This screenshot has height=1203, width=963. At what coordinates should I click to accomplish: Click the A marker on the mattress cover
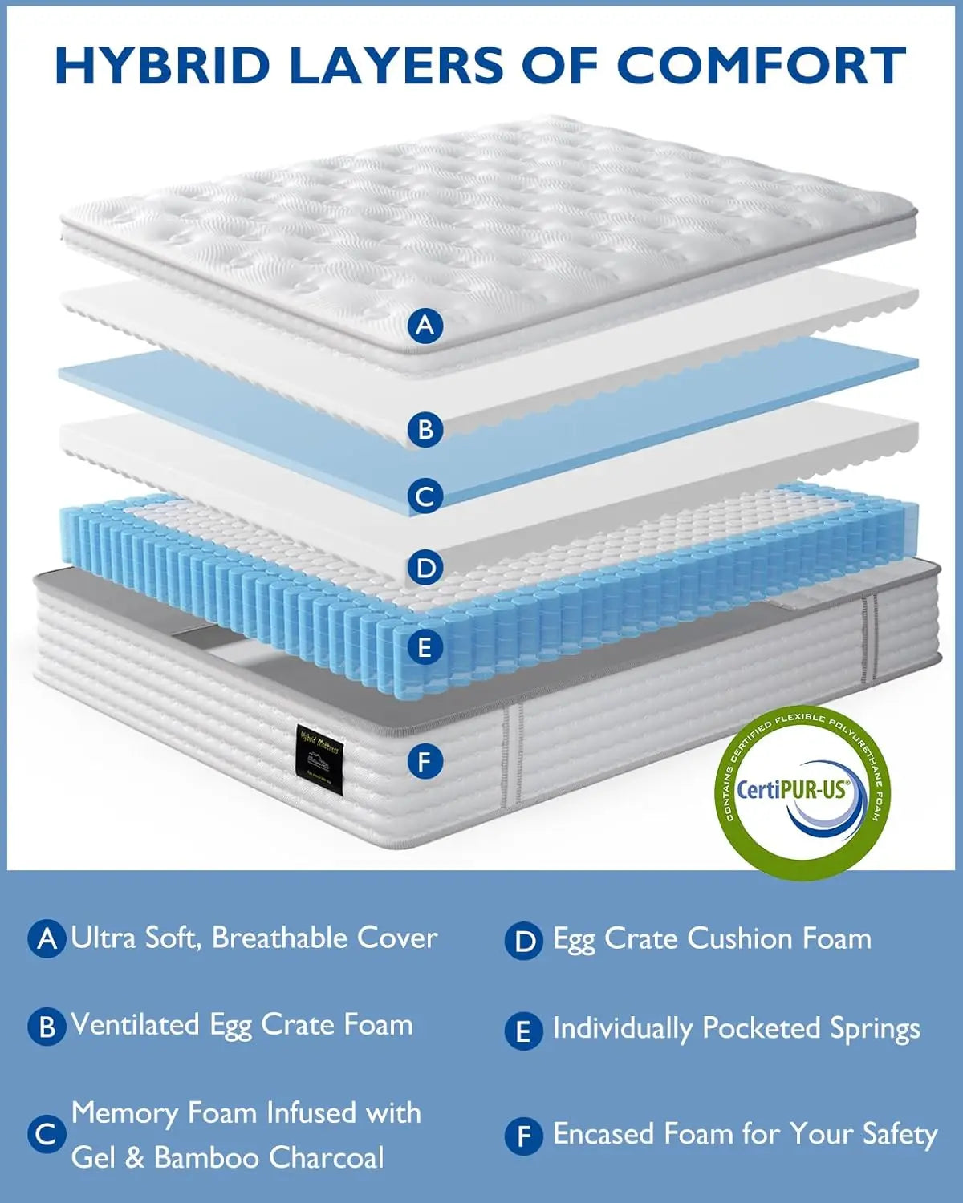425,326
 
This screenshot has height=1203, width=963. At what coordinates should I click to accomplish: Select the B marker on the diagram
425,430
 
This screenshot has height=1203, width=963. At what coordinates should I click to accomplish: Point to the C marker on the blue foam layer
425,496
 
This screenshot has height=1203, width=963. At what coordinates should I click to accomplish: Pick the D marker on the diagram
425,569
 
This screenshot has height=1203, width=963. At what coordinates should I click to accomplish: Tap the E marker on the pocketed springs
425,647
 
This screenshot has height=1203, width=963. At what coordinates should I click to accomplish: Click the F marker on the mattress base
425,760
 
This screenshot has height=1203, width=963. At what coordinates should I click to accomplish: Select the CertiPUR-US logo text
791,790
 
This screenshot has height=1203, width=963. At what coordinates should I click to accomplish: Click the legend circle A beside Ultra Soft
47,938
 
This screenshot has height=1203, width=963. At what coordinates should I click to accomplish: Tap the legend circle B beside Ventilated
47,1027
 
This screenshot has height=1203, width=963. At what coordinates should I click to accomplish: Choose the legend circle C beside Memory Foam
47,1134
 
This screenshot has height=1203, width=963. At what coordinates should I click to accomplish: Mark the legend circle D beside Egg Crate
524,941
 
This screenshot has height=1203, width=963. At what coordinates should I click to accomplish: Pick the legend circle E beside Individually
524,1031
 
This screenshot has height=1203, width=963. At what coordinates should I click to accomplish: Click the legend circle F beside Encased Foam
524,1136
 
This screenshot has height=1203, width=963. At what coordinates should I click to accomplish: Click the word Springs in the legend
875,1029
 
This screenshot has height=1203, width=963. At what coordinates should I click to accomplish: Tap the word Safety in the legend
900,1134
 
